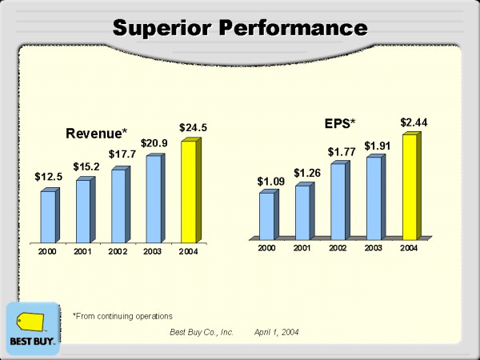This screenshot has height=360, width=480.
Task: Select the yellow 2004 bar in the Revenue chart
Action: [189, 192]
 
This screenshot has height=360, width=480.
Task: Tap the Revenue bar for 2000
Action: [48, 216]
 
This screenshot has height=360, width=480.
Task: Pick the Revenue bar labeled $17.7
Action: [118, 206]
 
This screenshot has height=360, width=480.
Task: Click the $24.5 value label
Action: [193, 127]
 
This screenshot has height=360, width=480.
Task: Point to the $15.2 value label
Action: [87, 166]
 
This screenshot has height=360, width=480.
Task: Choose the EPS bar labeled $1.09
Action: [266, 215]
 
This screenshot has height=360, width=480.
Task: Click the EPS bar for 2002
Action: [338, 201]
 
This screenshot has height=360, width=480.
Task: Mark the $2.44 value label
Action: [414, 122]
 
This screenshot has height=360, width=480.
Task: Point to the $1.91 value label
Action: [378, 146]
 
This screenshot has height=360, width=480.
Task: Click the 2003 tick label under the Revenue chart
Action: [154, 252]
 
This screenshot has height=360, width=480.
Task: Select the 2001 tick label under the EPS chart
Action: [302, 248]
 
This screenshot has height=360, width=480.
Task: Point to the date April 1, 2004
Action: [277, 331]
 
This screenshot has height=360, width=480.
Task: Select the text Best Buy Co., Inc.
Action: [200, 331]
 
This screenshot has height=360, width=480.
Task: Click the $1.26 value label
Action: [306, 173]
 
